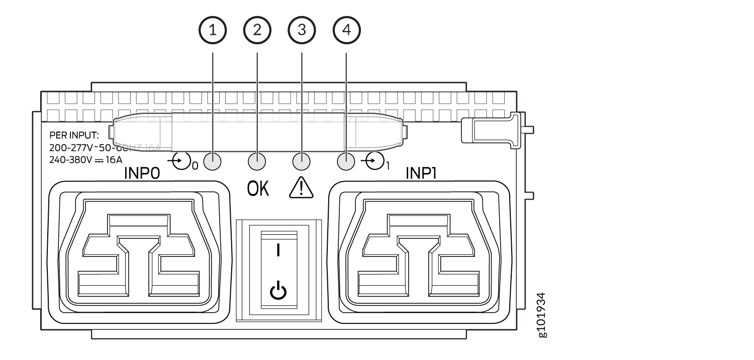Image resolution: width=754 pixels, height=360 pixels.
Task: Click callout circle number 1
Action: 213,30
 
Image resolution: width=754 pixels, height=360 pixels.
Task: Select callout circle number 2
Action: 257,30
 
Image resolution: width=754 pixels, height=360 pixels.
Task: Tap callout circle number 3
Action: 302,30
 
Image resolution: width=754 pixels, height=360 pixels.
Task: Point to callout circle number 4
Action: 346,30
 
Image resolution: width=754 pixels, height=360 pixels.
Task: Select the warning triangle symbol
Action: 302,189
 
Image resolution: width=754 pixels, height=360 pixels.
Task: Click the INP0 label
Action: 142,174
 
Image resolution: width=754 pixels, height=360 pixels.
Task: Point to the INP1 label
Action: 423,174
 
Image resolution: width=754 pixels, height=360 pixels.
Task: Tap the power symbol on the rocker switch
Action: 278,292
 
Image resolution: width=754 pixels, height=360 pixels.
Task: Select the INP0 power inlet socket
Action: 139,251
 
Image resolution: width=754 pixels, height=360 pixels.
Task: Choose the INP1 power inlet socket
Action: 420,251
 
